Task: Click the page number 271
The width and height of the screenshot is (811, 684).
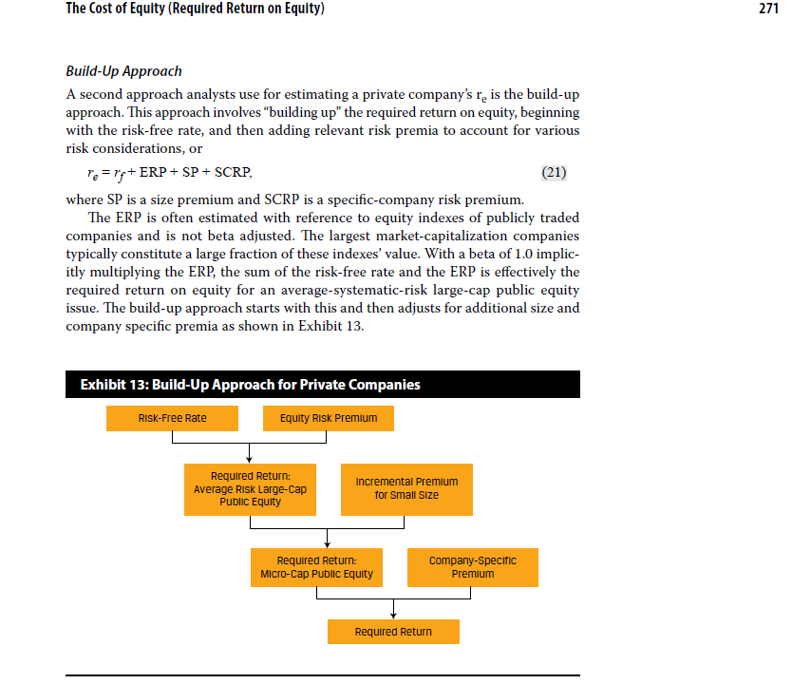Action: coord(768,9)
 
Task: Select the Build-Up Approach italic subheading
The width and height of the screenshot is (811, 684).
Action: coord(123,71)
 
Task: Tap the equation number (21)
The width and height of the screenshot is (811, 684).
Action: coord(555,173)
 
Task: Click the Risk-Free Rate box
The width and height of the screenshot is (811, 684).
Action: coord(172,418)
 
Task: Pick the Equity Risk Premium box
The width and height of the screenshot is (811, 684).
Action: coord(328,418)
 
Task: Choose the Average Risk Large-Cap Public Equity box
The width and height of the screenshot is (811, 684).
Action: coord(250,488)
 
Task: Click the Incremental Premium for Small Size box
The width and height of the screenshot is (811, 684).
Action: coord(406,488)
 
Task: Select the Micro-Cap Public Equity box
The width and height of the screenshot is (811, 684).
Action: coord(316,567)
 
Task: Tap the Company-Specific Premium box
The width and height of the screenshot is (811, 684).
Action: coord(472,567)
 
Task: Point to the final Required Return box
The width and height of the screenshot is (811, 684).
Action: coord(393,632)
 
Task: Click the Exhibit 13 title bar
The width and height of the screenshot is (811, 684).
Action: coord(322,385)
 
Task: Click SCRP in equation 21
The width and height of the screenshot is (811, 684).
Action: coord(232,173)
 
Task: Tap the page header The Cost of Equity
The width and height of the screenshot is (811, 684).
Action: coord(195,9)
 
